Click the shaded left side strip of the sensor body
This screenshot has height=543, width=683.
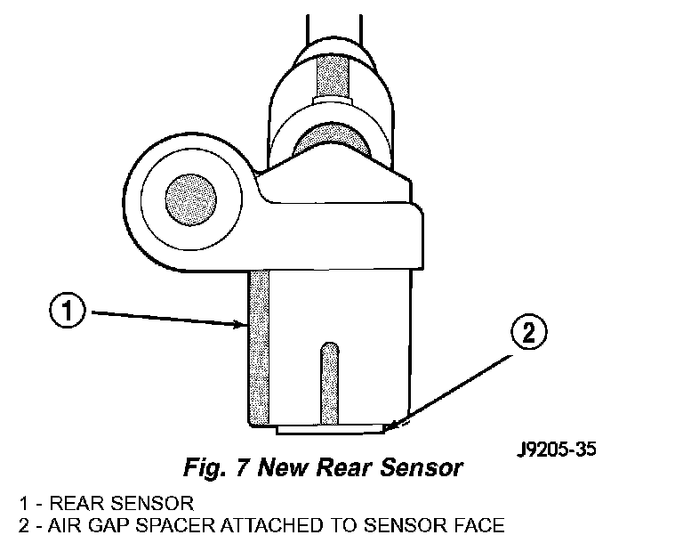click(259, 347)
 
